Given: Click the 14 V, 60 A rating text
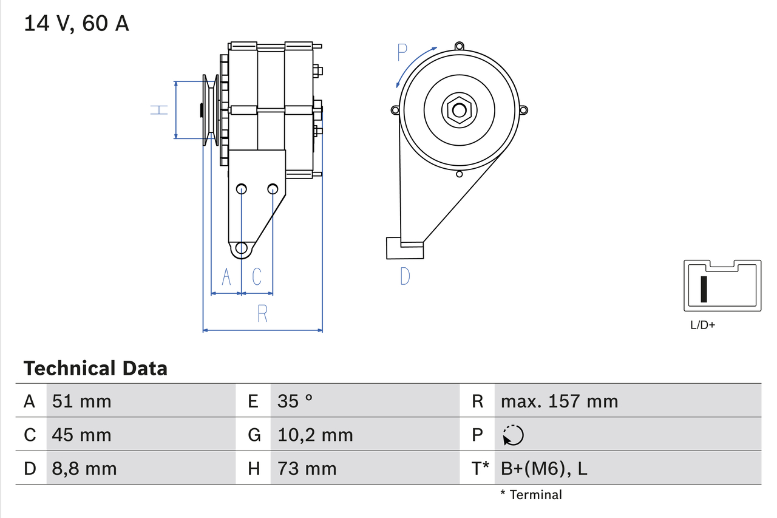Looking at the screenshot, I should pos(76,24).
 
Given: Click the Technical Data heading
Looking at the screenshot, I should pos(95,368).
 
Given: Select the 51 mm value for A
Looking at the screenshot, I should pos(81,401).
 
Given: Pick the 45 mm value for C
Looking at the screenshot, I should pos(81,435).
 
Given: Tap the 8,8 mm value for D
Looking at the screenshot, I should pos(84,468).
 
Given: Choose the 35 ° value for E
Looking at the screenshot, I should pos(295,401).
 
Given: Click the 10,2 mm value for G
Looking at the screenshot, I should pos(314,435).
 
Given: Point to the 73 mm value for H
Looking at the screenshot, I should pos(307,468).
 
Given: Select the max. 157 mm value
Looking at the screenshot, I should pos(559,401).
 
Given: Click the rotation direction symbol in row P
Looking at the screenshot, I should pos(513,435).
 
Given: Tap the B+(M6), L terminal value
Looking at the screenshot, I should pos(544,468).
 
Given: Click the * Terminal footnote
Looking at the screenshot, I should pos(531,495).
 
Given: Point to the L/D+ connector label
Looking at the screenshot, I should pos(703,325).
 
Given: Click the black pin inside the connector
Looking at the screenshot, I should pos(704,289).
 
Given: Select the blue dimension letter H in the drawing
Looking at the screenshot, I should pos(158,110).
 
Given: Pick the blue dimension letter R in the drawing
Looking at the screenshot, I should pos(262,313).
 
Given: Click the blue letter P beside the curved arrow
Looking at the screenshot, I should pos(402,53).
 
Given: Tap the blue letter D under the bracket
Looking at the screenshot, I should pos(405,276).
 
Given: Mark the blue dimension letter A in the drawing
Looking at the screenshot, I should pos(226,276).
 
